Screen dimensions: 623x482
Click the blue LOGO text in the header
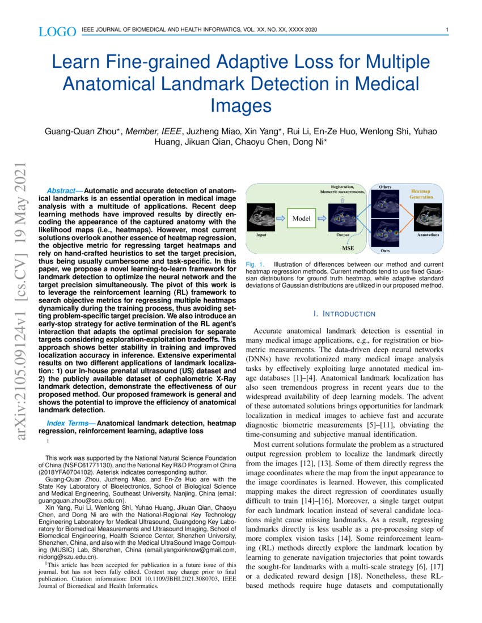57,32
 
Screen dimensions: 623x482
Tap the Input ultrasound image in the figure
261,217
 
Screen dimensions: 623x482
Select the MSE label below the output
347,248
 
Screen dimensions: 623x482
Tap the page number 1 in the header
447,29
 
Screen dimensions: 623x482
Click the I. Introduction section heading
344,314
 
